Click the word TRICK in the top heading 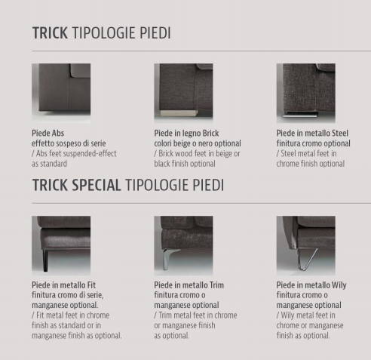click(x=50, y=33)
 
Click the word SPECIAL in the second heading click(x=97, y=185)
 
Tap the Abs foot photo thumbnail click(x=61, y=93)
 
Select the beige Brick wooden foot click(x=179, y=113)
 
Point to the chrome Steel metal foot click(x=300, y=115)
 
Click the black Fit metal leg click(x=45, y=260)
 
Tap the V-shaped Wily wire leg click(x=306, y=259)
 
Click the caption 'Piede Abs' click(x=48, y=133)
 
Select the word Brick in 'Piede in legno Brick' click(x=210, y=133)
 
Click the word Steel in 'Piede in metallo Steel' click(x=340, y=133)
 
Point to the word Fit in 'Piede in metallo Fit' click(x=91, y=285)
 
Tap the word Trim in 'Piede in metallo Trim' click(x=216, y=285)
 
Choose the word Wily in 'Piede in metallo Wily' click(x=339, y=285)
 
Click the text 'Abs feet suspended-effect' click(x=76, y=153)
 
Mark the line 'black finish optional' click(x=185, y=164)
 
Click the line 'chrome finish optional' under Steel click(x=311, y=164)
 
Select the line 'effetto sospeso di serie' click(x=69, y=143)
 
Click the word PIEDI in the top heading click(x=155, y=33)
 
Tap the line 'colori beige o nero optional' click(x=198, y=143)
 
